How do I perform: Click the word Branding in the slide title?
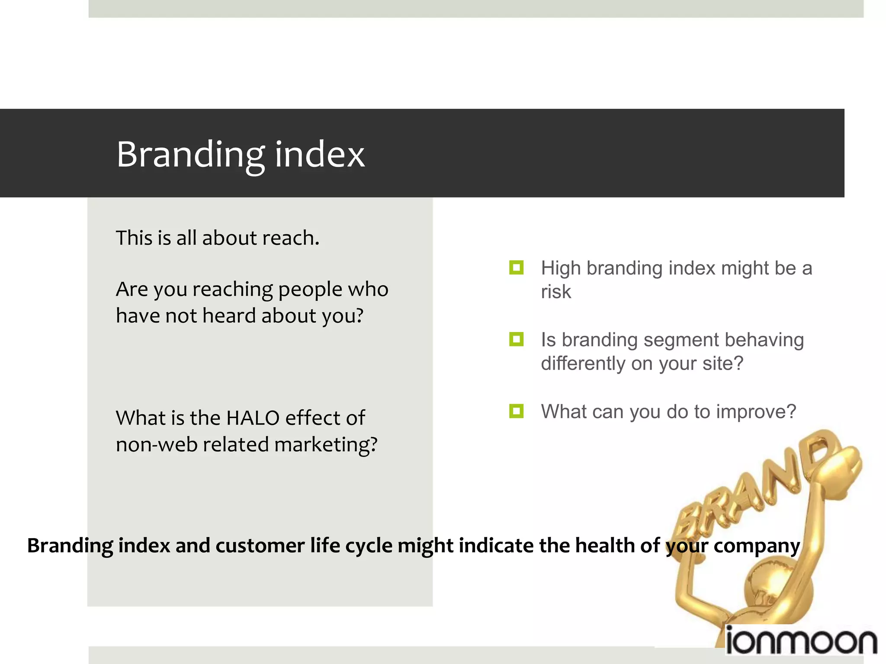click(190, 155)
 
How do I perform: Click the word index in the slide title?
click(320, 155)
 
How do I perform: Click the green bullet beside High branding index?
click(516, 268)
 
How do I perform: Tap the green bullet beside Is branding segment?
click(516, 339)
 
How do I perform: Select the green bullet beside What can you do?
click(516, 411)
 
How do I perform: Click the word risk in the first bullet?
click(556, 292)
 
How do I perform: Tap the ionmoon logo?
click(800, 642)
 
